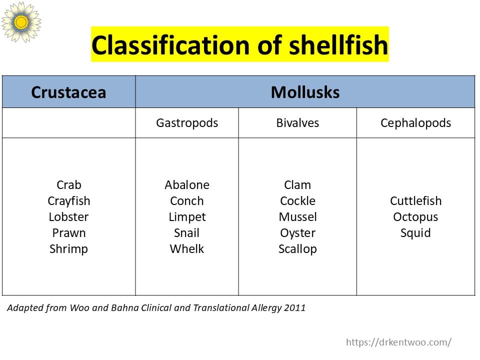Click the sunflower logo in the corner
point(21,21)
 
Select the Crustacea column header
point(68,92)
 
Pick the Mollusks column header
point(305,92)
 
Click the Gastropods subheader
point(187,123)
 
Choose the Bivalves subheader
point(297,123)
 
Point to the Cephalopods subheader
point(415,123)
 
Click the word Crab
point(68,185)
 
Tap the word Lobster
point(68,217)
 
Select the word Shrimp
point(68,249)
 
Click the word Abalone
point(187,185)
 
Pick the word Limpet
point(187,217)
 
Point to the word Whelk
point(187,249)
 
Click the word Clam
point(297,185)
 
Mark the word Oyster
point(297,233)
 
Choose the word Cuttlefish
point(415,201)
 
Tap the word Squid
point(415,233)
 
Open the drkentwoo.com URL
point(398,342)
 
